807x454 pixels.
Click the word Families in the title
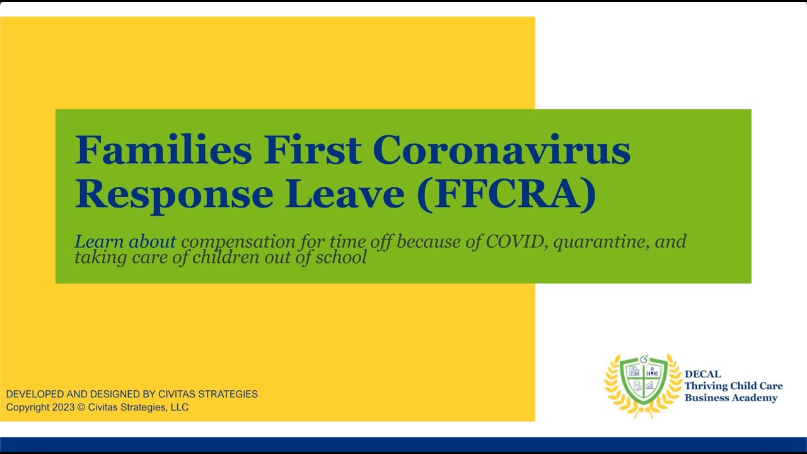(163, 151)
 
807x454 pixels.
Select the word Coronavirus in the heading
(501, 151)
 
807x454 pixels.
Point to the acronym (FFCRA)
(506, 194)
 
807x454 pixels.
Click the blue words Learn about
(125, 242)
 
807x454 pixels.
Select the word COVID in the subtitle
(515, 242)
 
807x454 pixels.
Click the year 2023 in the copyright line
(63, 407)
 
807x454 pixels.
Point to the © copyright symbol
(81, 407)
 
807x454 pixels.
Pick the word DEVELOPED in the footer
(35, 394)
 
